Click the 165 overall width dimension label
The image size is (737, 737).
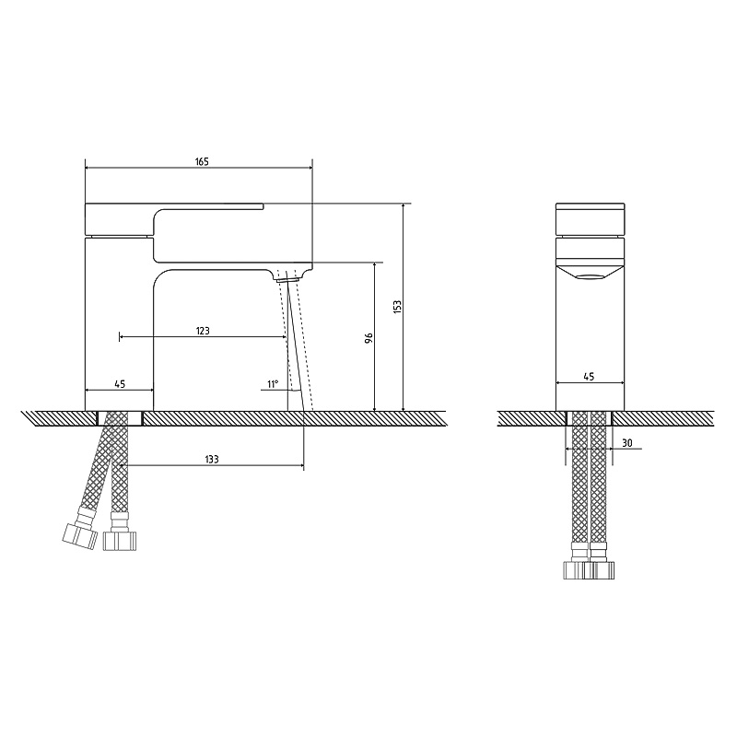202,162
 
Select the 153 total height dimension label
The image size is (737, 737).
398,307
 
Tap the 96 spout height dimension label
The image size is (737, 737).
369,337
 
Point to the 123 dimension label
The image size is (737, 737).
203,331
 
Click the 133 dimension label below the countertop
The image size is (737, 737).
212,459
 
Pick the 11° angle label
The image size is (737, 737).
273,384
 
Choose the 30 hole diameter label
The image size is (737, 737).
627,443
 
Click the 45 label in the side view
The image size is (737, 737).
589,377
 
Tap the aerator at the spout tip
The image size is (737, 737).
287,279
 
